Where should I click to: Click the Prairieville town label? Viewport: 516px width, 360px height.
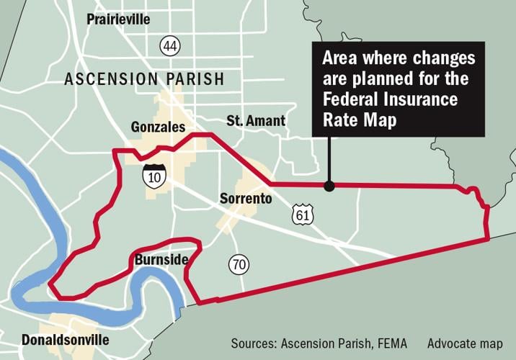pyautogui.click(x=118, y=19)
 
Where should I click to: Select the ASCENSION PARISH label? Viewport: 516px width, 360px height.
pyautogui.click(x=144, y=78)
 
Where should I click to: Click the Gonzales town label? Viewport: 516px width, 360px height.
pyautogui.click(x=160, y=127)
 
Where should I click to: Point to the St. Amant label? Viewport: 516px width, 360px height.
pyautogui.click(x=256, y=121)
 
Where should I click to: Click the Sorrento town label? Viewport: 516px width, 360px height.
pyautogui.click(x=246, y=199)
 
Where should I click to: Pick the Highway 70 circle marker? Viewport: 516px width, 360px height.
pyautogui.click(x=239, y=265)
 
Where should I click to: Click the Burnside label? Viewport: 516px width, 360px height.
pyautogui.click(x=161, y=258)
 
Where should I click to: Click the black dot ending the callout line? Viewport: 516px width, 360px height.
pyautogui.click(x=329, y=186)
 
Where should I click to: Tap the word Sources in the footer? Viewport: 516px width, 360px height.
pyautogui.click(x=254, y=343)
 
